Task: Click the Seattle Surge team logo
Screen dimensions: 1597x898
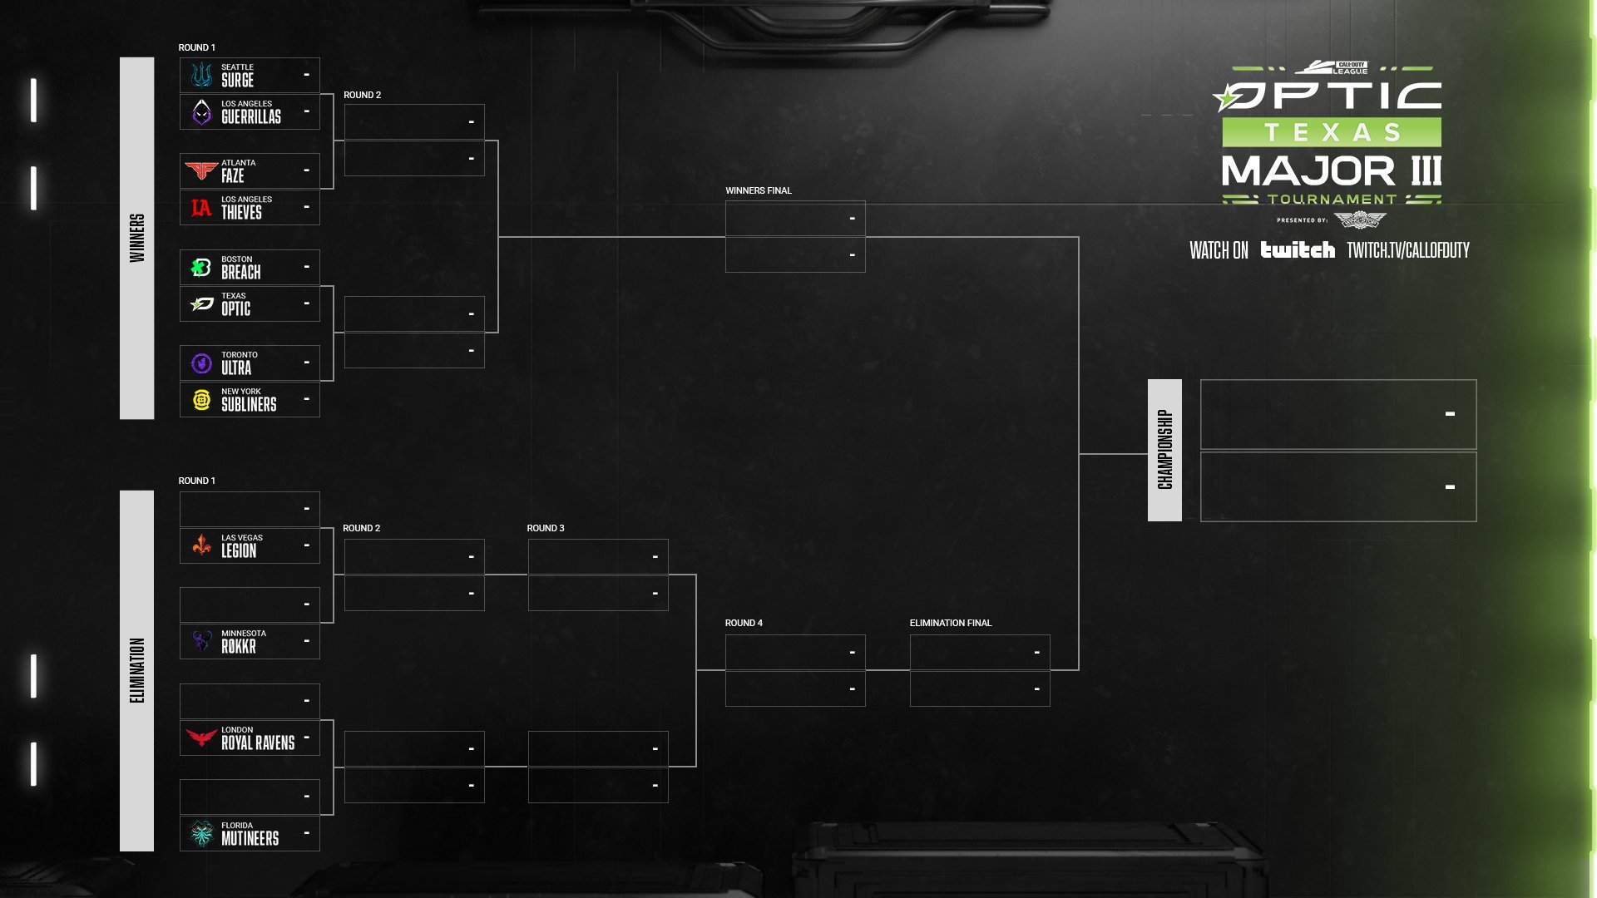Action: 201,75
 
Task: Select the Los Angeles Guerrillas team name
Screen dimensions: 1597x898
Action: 251,112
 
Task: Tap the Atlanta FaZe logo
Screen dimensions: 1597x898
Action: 201,170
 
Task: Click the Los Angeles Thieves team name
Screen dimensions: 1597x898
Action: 246,208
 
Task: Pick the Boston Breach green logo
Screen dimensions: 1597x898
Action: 201,268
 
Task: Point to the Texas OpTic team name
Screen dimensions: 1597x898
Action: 236,304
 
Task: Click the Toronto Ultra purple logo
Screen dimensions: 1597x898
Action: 201,363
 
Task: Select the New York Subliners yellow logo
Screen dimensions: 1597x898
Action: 201,400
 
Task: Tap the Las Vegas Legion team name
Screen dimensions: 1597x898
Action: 242,546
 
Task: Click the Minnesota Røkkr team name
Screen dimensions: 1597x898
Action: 244,642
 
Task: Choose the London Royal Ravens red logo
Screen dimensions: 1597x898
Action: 201,738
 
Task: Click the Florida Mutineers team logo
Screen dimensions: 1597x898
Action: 201,833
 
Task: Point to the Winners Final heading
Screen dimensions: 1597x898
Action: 759,190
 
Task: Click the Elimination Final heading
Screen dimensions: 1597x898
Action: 951,623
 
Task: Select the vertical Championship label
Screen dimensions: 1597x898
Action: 1164,450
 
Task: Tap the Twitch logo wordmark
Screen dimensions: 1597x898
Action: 1298,249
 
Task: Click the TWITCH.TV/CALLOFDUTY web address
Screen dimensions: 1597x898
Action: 1408,250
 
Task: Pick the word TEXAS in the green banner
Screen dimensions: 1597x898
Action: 1332,132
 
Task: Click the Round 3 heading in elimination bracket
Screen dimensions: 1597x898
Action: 546,528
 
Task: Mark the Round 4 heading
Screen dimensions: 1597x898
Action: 744,623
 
